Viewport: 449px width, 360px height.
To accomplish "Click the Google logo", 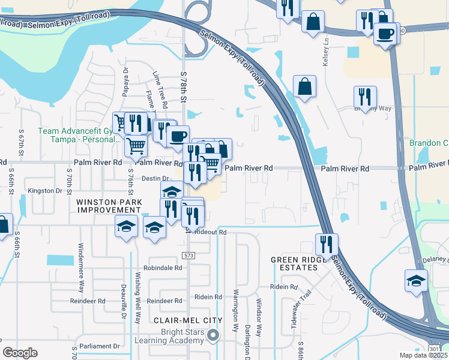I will pyautogui.click(x=20, y=353).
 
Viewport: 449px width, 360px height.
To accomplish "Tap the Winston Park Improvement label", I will pyautogui.click(x=109, y=206).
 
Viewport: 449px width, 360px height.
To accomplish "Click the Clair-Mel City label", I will pyautogui.click(x=188, y=320).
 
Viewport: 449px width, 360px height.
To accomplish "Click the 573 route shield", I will pyautogui.click(x=190, y=256).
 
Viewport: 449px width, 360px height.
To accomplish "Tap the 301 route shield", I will pyautogui.click(x=434, y=349).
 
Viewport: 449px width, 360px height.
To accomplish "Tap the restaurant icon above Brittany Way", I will pyautogui.click(x=365, y=97).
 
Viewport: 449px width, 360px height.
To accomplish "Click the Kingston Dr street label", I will pyautogui.click(x=45, y=190).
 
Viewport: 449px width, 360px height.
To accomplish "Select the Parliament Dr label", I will pyautogui.click(x=100, y=346).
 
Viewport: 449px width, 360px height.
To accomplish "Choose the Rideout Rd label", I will pyautogui.click(x=211, y=232).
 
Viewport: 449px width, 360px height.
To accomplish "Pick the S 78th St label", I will pyautogui.click(x=184, y=85).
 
